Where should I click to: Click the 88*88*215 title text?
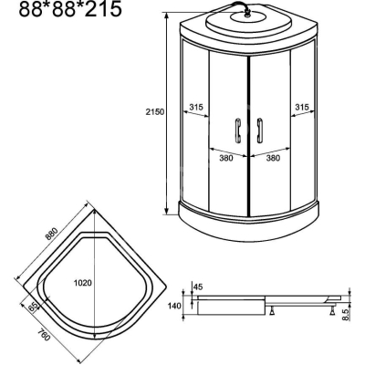click(x=70, y=9)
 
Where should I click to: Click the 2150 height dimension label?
click(x=155, y=112)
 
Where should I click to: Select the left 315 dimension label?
click(x=196, y=107)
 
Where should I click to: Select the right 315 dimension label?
click(x=302, y=107)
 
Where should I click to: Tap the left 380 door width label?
click(x=226, y=158)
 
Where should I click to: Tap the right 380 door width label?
click(x=273, y=158)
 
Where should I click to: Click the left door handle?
click(x=238, y=130)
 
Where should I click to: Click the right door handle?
click(x=259, y=130)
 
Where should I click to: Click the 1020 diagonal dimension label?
click(x=83, y=283)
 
